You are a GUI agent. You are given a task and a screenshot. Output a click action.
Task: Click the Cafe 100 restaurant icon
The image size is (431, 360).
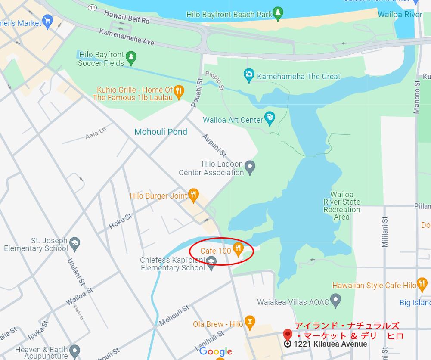[x=238, y=249]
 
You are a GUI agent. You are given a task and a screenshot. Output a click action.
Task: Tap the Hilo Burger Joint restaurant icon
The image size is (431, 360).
[x=194, y=196]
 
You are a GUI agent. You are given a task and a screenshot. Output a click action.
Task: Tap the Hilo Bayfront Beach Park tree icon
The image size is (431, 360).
[x=279, y=14]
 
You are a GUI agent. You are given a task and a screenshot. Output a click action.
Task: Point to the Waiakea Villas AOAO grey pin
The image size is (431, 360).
[x=336, y=301]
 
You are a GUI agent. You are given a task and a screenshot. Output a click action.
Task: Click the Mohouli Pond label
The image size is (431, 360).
[x=161, y=132]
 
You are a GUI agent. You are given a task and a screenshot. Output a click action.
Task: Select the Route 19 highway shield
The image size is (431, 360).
[x=92, y=8]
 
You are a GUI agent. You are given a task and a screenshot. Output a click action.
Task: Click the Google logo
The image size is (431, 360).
[x=215, y=351]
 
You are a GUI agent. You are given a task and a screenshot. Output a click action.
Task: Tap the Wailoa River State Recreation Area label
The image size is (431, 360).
[x=341, y=206]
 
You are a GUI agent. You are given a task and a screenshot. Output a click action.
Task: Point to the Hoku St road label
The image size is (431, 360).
[x=120, y=221]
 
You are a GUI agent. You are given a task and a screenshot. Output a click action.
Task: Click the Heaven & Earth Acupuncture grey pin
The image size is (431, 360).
[x=74, y=351]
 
